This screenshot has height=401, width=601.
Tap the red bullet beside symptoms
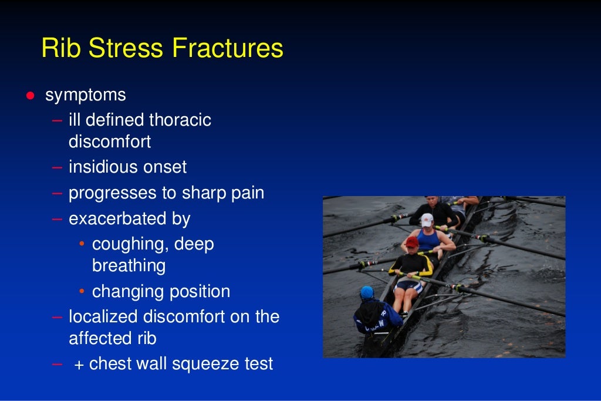click(x=29, y=96)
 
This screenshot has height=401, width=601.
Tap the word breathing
click(x=129, y=266)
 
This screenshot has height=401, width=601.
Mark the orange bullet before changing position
click(x=83, y=292)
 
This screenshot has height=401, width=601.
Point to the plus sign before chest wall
click(x=79, y=365)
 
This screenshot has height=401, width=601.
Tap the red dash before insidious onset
click(x=57, y=167)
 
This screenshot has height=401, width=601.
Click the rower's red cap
click(x=412, y=242)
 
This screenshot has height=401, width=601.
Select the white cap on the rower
click(x=427, y=220)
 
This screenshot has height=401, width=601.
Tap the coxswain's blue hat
click(x=367, y=292)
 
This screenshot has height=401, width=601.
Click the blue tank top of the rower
click(x=428, y=238)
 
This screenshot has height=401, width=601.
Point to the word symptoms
click(x=86, y=95)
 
